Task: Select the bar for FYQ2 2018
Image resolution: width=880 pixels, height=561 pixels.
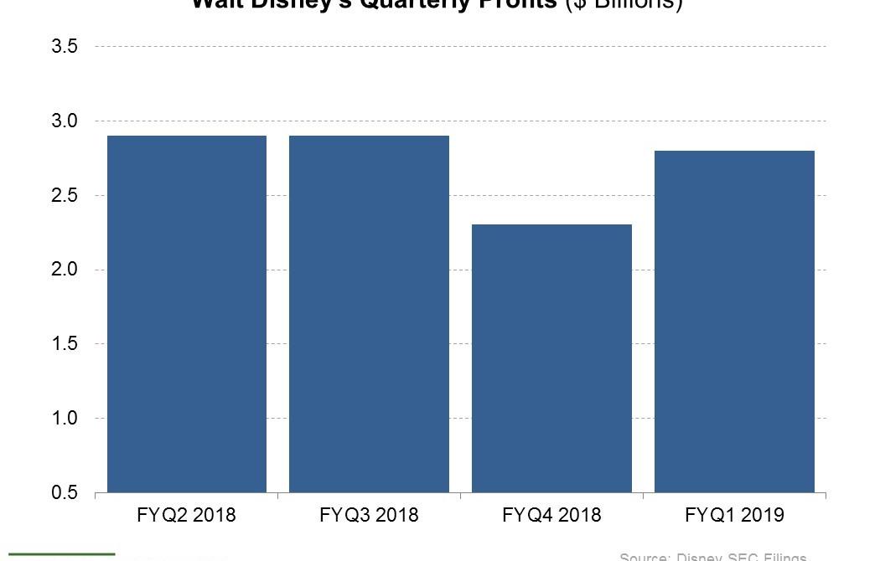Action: (187, 314)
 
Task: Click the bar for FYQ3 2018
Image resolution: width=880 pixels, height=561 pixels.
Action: (369, 314)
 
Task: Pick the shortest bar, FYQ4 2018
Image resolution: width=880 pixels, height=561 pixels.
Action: (551, 358)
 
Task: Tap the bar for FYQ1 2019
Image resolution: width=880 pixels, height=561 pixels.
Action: (734, 322)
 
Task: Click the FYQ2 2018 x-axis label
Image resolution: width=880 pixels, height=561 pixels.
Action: (187, 515)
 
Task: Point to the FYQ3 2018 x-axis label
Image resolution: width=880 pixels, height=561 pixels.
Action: (369, 515)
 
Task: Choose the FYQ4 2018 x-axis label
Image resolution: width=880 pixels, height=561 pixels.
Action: (551, 515)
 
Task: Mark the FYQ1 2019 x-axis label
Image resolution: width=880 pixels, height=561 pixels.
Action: (734, 515)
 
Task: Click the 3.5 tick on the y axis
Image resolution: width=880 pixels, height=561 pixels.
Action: (65, 47)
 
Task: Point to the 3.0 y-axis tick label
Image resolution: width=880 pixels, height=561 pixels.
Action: (65, 121)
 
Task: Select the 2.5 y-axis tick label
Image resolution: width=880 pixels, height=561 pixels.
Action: (65, 196)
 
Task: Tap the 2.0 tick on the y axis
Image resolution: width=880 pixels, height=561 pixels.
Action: (65, 270)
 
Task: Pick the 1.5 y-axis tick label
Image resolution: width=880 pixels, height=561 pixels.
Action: (65, 344)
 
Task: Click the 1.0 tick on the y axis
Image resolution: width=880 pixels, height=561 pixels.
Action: (65, 419)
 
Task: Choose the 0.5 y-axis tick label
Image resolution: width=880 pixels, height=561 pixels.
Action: (65, 492)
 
